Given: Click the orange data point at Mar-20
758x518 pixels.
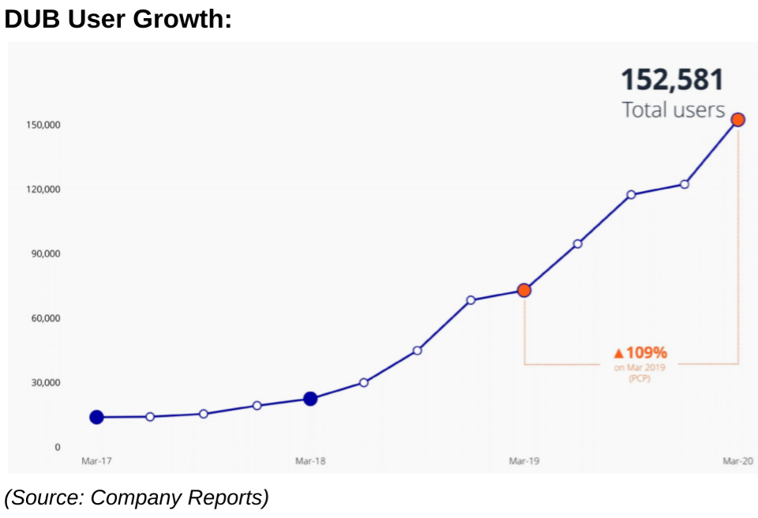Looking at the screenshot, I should [x=737, y=120].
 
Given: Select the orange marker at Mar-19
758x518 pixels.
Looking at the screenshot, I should [x=523, y=290].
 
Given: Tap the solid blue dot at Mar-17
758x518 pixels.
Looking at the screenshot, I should [x=96, y=417].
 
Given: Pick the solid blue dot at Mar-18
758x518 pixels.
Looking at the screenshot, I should [x=310, y=399].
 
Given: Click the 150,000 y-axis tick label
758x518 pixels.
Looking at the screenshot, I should [x=47, y=126].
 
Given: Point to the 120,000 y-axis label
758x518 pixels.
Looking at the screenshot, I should [x=47, y=190].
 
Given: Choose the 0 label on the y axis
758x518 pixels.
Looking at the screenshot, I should [x=57, y=447].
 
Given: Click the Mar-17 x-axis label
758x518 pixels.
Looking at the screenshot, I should [x=96, y=461].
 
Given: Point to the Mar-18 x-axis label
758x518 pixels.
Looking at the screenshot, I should [x=310, y=461].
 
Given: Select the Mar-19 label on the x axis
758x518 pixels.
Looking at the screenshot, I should [x=523, y=461].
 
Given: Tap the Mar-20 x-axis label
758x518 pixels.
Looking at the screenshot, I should [x=737, y=461].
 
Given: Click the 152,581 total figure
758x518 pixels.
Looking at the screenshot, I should [x=672, y=80].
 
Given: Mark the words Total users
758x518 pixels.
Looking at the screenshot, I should [x=673, y=109].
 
